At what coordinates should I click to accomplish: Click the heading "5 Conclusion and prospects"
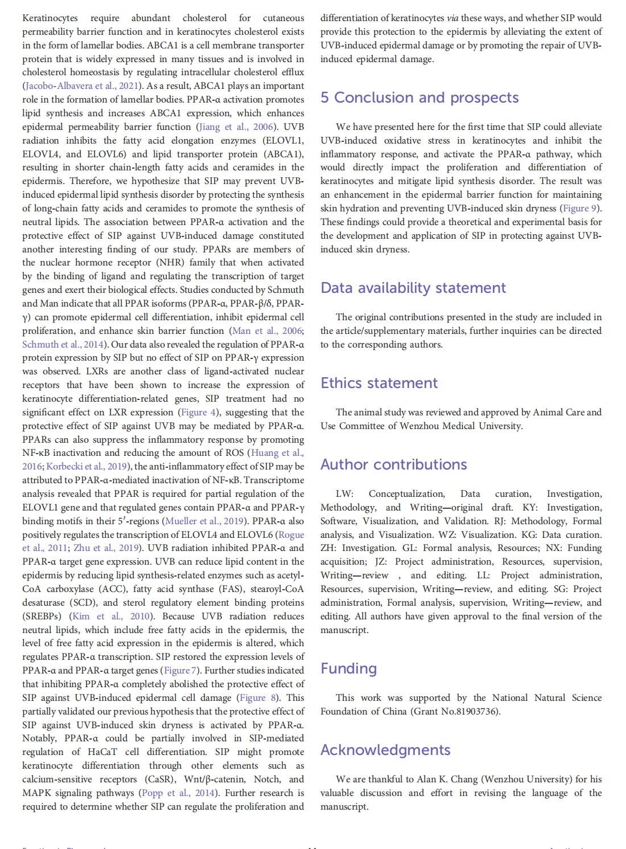coord(419,97)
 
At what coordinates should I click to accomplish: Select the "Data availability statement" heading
coord(413,288)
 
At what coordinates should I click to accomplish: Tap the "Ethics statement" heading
coord(379,383)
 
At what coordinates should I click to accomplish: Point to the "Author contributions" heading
coord(393,464)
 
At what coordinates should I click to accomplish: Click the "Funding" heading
coord(348,668)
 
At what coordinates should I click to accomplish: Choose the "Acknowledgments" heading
coord(385,750)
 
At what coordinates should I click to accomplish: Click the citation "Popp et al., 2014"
coord(178,793)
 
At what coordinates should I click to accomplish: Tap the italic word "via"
coord(452,18)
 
